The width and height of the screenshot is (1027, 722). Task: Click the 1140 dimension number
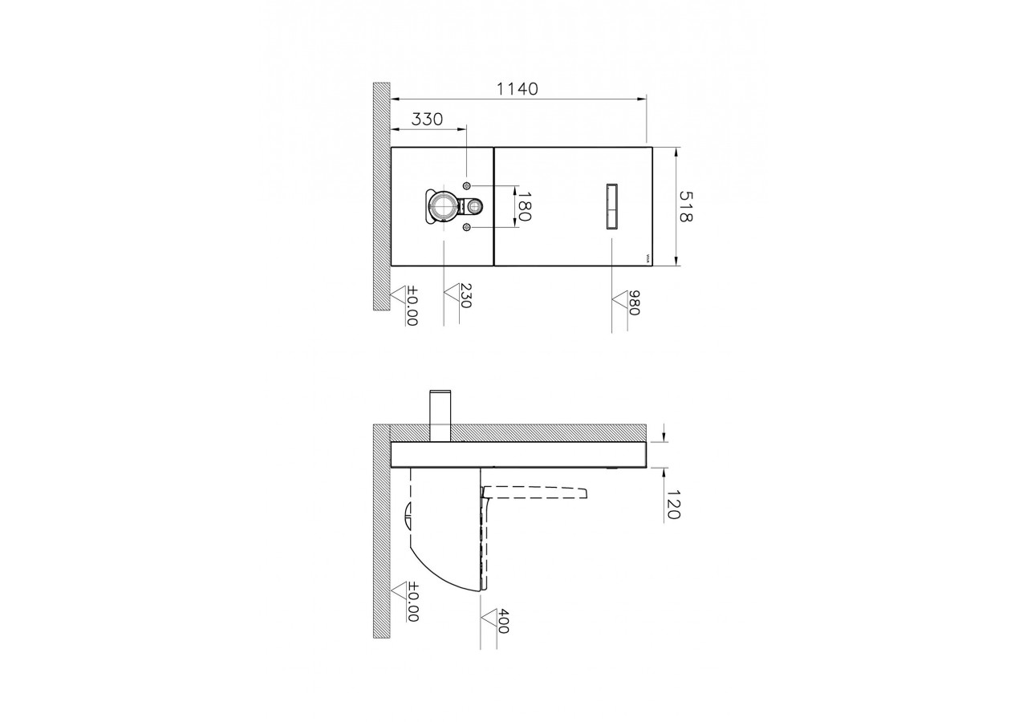point(518,88)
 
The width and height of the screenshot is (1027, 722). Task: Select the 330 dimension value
point(427,120)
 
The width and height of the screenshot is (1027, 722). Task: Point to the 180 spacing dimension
point(524,207)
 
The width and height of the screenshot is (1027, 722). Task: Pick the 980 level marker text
point(633,302)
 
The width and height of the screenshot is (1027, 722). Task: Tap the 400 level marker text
point(502,621)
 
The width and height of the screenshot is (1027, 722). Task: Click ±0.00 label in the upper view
point(412,306)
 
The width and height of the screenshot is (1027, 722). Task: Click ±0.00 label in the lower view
point(412,602)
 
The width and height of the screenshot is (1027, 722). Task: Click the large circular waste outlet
point(441,207)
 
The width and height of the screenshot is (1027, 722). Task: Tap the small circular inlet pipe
point(473,207)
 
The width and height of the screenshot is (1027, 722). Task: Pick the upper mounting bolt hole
point(467,186)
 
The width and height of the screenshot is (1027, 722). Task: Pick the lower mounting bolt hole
point(467,229)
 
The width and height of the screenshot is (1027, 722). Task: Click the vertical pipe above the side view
point(440,415)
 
